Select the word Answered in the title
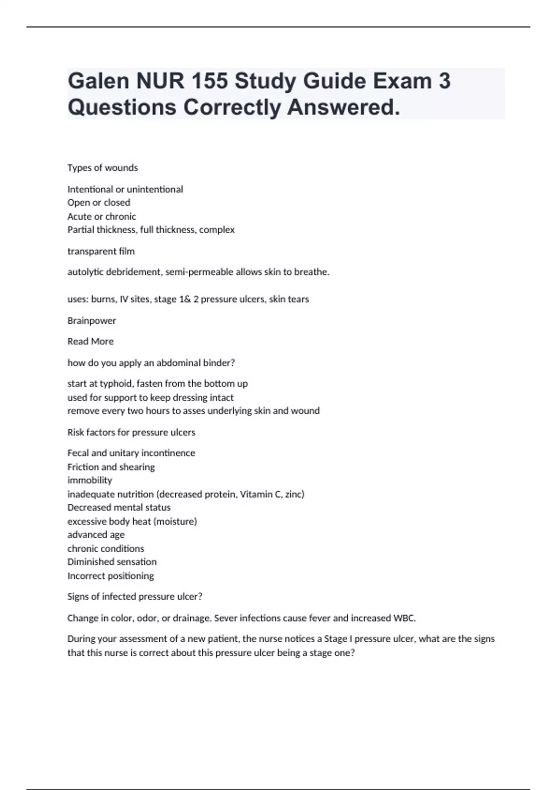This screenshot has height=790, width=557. point(343,107)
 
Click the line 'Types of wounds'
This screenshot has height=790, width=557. point(103,168)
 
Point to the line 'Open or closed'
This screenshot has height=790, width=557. point(99,203)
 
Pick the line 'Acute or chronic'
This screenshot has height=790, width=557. point(102,217)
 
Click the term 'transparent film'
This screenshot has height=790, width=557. point(101,251)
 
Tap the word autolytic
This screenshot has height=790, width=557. point(85,272)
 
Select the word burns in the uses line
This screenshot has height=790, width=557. point(103,299)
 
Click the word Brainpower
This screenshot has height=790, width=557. point(92,321)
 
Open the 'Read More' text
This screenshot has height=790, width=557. point(91,342)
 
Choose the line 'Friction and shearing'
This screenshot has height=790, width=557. point(111,467)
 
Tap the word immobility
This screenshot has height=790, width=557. point(90,481)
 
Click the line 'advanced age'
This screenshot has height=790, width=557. point(96,535)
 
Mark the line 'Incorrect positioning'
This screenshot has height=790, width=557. point(110,576)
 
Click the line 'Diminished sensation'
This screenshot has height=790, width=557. point(112,562)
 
